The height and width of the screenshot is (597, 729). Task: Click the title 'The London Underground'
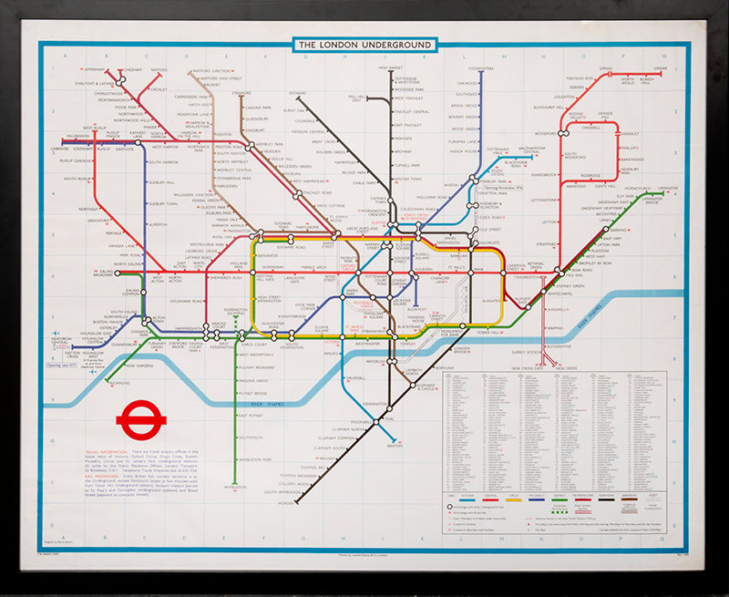(x=364, y=45)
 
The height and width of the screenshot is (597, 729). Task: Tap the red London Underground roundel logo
(x=140, y=420)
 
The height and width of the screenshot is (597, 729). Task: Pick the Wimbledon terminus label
(x=234, y=487)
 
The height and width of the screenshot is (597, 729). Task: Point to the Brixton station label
(x=394, y=446)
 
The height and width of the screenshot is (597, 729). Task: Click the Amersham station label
(x=95, y=69)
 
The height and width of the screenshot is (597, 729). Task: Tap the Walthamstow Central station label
(x=538, y=149)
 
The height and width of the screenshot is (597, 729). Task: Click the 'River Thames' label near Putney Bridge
(x=271, y=401)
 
